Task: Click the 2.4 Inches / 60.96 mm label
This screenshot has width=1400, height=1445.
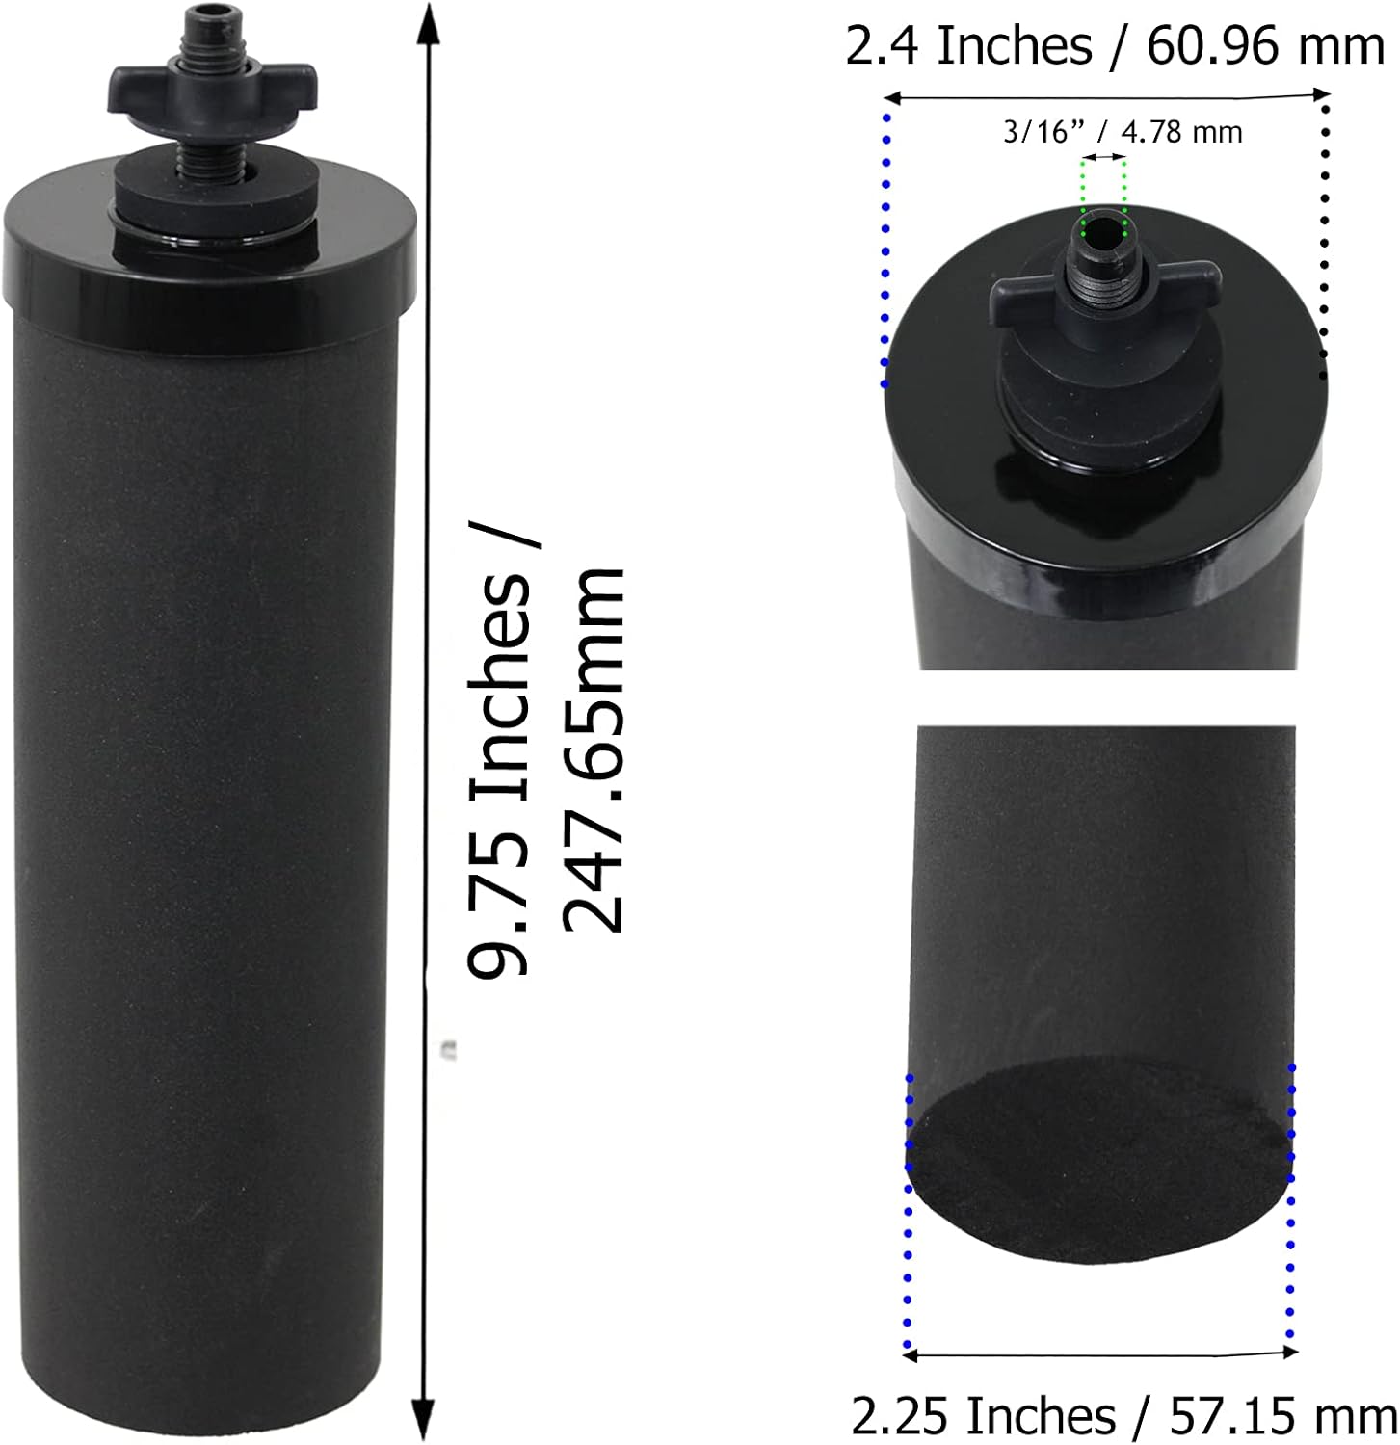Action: click(1116, 46)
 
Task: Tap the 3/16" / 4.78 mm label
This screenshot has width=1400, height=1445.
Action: click(1123, 131)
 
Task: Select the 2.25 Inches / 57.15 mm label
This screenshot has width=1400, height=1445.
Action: click(1124, 1416)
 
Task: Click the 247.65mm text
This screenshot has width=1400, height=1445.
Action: click(594, 749)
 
